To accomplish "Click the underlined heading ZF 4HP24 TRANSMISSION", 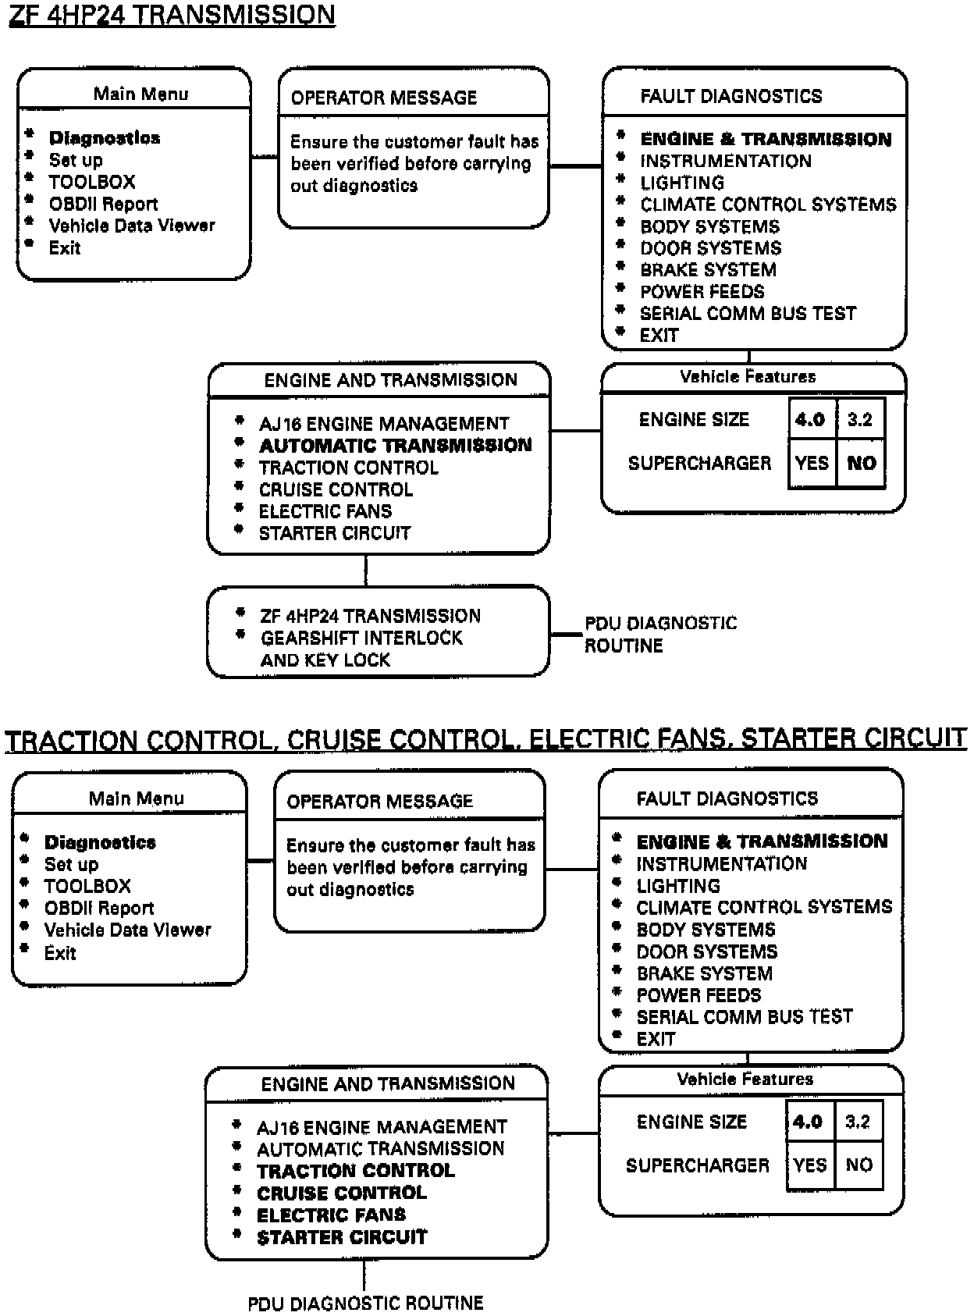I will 172,16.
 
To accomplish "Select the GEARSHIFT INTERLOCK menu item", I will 361,638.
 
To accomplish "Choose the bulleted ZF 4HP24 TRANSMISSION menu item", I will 370,616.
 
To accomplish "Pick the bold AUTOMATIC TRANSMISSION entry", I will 395,446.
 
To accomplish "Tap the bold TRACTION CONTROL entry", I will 355,1171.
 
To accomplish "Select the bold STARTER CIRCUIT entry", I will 342,1237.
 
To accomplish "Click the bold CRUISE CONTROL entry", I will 342,1193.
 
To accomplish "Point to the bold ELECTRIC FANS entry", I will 331,1215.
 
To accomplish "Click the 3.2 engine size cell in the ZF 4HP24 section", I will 860,420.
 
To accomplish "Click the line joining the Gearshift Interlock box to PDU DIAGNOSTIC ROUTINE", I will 567,635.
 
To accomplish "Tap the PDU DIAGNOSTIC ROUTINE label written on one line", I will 365,1303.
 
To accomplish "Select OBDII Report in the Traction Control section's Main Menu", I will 99,909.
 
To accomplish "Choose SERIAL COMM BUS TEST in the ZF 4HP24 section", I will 748,314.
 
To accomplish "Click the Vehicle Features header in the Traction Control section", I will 745,1079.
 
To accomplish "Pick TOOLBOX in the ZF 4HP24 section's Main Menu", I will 92,182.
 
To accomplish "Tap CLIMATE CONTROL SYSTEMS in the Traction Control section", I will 764,908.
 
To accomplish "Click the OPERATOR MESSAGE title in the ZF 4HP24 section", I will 383,98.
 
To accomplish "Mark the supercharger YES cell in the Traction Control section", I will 810,1165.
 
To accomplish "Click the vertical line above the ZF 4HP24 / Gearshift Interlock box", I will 365,570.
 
